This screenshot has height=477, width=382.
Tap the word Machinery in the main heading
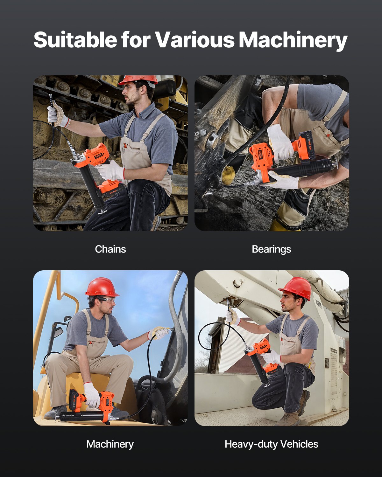(x=293, y=40)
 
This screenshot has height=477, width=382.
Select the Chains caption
(x=110, y=249)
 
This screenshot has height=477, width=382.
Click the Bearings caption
(x=271, y=249)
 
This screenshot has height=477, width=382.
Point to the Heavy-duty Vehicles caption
(x=271, y=444)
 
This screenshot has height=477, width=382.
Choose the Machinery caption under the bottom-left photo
(x=110, y=444)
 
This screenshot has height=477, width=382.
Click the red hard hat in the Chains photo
(x=138, y=80)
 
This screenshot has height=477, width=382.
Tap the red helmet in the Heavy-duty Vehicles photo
(x=296, y=287)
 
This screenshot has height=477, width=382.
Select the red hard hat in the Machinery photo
(x=101, y=287)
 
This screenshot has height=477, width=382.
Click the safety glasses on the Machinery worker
(x=107, y=301)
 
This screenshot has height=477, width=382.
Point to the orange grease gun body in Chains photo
(x=95, y=156)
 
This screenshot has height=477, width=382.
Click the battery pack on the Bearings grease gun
(x=305, y=145)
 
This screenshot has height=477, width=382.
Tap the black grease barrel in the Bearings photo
(x=306, y=168)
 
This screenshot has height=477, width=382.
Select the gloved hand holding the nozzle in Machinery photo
(x=158, y=333)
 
